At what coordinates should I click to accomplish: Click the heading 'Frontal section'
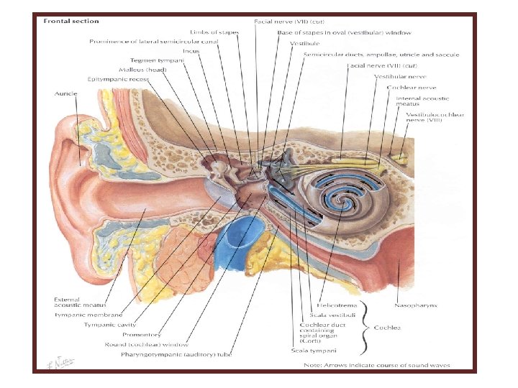point(71,21)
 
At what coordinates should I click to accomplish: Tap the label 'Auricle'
point(66,94)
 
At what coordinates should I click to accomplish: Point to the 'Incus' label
point(191,51)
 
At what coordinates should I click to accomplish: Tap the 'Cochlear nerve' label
point(408,87)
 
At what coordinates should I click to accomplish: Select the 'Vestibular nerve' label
point(400,76)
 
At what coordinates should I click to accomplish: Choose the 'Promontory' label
point(142,334)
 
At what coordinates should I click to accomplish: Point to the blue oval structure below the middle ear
point(235,244)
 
